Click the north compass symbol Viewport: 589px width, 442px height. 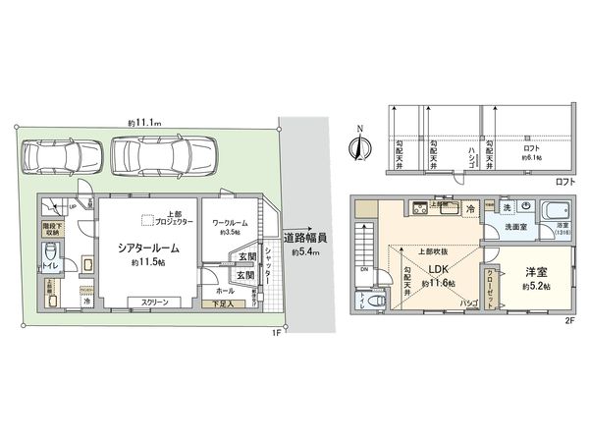coord(360,147)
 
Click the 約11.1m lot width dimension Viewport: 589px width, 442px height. coord(144,122)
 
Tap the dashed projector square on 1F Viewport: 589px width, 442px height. coord(147,222)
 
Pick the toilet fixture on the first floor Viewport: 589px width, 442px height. coord(51,256)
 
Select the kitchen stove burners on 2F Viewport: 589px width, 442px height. coord(420,207)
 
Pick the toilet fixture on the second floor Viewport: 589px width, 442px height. coord(367,302)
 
